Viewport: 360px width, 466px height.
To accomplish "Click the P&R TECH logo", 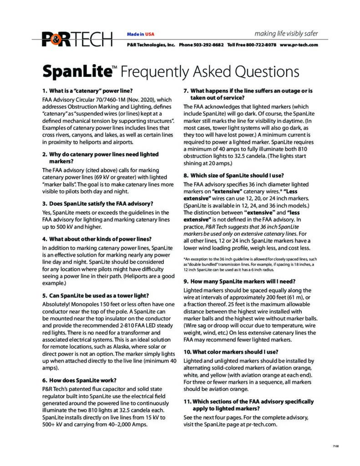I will point(77,39).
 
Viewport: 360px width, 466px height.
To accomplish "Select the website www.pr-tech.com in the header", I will point(299,45).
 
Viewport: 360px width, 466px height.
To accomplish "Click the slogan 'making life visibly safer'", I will point(286,34).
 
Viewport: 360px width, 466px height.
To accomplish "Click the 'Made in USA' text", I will point(141,34).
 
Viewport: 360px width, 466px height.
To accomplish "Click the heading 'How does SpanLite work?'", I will point(79,380).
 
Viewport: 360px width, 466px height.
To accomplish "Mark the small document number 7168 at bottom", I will point(336,446).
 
